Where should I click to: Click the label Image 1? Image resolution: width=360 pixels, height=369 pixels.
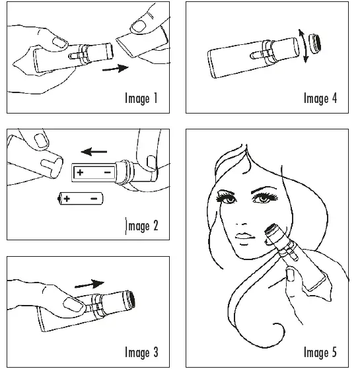tap(141, 99)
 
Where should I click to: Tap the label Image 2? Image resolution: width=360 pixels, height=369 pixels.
tap(141, 226)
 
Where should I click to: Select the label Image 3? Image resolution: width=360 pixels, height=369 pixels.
tap(141, 352)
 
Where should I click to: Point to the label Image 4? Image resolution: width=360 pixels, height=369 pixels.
tap(320, 99)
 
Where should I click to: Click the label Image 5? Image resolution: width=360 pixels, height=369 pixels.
tap(320, 352)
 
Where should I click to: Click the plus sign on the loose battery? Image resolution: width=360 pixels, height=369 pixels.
tap(67, 197)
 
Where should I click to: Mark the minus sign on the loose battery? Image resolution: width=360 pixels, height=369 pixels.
tap(94, 197)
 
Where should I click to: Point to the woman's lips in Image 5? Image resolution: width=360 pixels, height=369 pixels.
tap(244, 236)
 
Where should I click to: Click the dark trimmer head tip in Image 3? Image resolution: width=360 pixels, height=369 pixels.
tap(129, 299)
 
